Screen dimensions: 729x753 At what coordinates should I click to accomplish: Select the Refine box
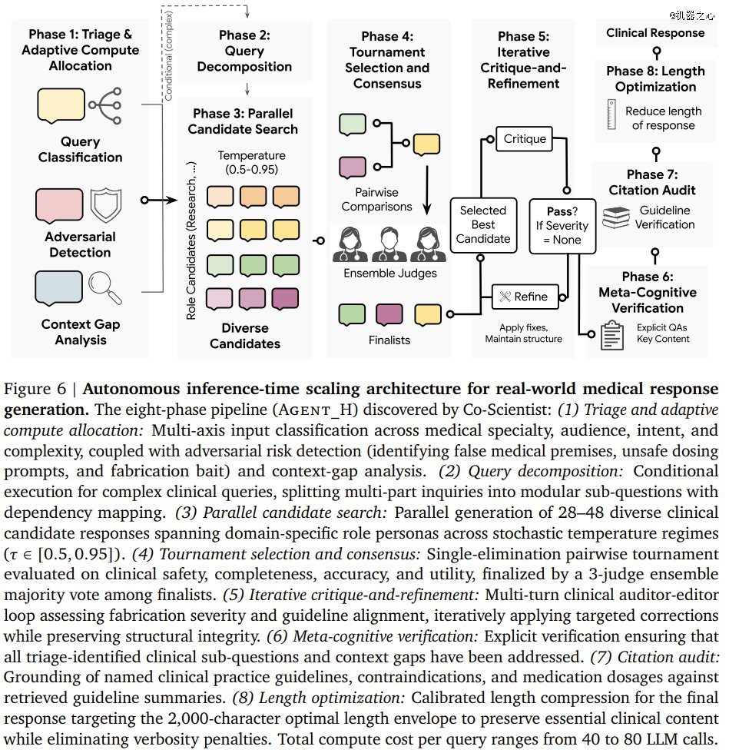525,297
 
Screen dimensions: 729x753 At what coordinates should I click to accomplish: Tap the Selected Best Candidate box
483,224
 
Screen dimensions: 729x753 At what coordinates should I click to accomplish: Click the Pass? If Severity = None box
562,226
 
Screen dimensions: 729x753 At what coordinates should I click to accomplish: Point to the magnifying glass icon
104,287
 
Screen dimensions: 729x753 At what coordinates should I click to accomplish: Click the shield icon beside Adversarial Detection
106,205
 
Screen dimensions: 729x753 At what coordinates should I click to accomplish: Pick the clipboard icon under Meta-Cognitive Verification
611,335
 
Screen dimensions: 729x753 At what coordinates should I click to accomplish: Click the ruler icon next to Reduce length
611,114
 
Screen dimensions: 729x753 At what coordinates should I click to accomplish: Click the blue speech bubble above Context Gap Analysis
58,287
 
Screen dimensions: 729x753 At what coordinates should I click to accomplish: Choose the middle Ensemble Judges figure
389,244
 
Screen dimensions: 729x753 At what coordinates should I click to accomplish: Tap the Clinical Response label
655,32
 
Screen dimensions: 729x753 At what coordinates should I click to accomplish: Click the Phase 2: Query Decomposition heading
244,51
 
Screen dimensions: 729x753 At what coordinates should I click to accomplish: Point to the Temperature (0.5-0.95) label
251,162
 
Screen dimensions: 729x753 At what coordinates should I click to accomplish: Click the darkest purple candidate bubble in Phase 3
285,299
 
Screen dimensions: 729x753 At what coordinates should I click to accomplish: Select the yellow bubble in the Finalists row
427,315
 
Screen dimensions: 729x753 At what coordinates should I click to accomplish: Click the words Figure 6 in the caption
35,388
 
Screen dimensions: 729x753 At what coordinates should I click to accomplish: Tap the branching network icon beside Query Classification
105,106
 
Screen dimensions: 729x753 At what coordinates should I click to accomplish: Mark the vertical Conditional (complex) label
168,55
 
